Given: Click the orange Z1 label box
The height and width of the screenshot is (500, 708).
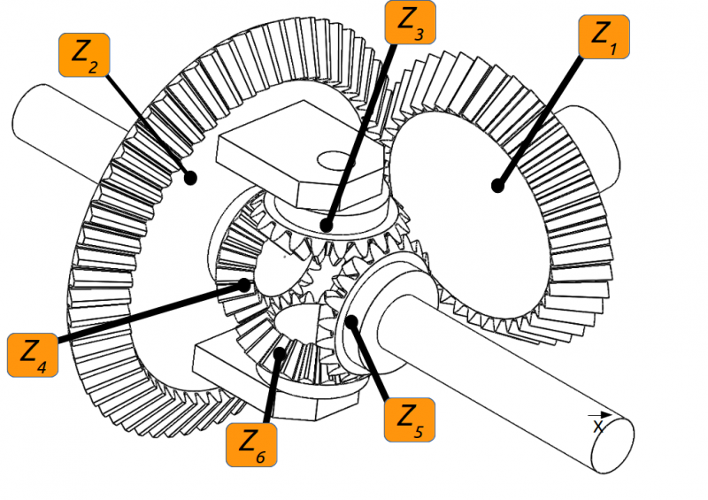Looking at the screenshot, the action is point(604,36).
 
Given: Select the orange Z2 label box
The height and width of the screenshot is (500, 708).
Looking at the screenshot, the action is point(84,55).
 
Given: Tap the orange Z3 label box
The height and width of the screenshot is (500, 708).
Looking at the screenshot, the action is point(410,22).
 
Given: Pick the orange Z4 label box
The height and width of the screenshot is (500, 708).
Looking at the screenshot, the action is point(33,355).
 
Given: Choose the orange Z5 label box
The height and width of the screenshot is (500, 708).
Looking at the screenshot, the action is point(410,419).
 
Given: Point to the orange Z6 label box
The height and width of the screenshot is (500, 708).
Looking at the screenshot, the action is point(251,445).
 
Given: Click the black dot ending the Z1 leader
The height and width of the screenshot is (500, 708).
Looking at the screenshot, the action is point(497,186).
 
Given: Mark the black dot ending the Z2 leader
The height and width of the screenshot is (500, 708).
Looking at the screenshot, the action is point(191,178).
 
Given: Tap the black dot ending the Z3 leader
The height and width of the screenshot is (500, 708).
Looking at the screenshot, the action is point(327,225).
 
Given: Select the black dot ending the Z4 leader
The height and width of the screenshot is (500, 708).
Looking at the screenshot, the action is point(244,285).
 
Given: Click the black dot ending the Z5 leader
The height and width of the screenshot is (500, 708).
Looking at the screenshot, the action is point(351,322).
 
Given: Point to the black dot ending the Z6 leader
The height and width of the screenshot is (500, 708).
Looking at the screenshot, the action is point(280,353).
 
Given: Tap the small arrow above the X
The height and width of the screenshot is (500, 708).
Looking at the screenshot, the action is point(600,415).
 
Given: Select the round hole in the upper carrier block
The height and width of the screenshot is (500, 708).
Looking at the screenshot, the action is point(335,160).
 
